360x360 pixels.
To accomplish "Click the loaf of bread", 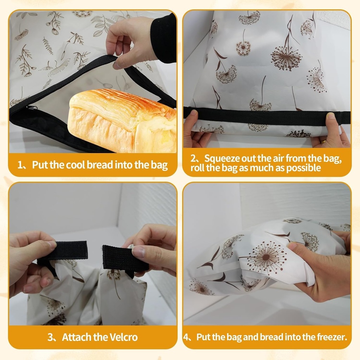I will [121, 121].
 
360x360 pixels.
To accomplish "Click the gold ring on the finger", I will [323, 142].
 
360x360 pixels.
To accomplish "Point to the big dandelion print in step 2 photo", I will [286, 56].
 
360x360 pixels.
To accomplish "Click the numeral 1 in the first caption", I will [20, 165].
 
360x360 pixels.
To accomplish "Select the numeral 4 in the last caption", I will [186, 337].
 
